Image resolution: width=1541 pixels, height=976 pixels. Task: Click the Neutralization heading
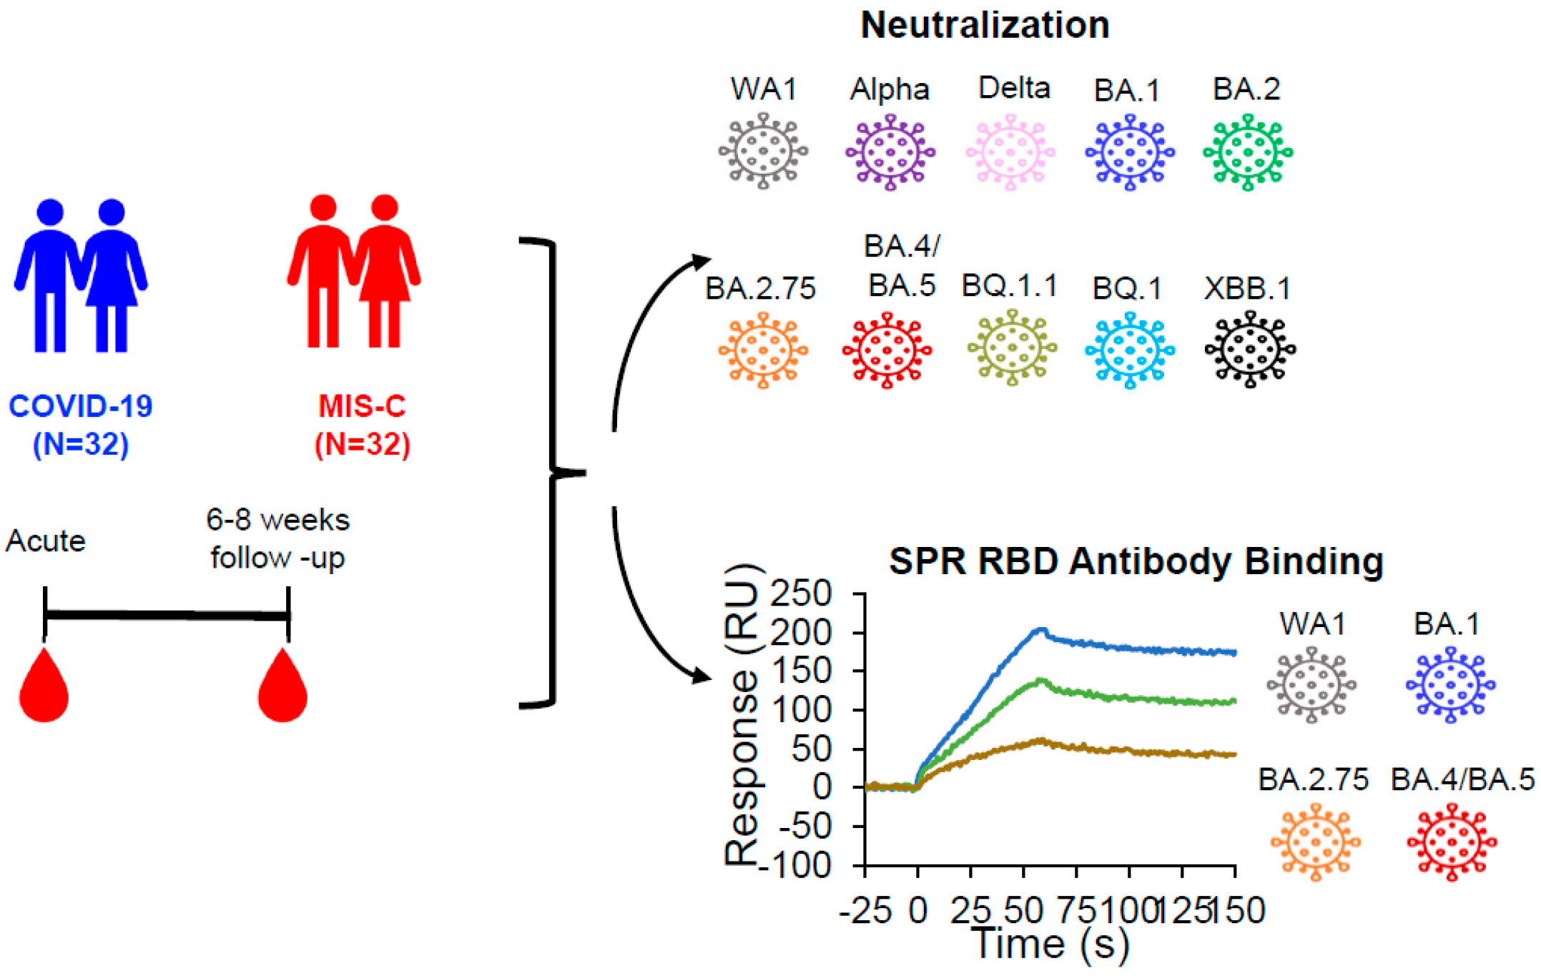pyautogui.click(x=985, y=26)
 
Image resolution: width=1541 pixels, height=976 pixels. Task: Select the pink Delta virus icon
pyautogui.click(x=1010, y=152)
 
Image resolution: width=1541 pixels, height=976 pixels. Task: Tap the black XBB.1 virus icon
pyautogui.click(x=1249, y=350)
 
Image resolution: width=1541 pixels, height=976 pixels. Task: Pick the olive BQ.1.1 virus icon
pyautogui.click(x=1012, y=348)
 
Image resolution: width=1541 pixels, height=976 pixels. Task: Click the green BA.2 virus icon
pyautogui.click(x=1248, y=152)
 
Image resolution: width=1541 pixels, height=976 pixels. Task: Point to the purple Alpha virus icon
pyautogui.click(x=890, y=152)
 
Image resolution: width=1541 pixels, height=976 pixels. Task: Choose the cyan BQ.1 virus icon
pyautogui.click(x=1130, y=350)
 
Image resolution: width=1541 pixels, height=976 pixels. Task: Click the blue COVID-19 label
pyautogui.click(x=81, y=406)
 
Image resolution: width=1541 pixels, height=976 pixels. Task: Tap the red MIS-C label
pyautogui.click(x=362, y=406)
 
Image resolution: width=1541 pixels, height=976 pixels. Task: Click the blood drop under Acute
pyautogui.click(x=44, y=688)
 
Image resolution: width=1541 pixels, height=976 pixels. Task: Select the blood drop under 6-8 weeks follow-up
pyautogui.click(x=283, y=688)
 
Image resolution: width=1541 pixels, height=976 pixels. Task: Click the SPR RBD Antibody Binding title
pyautogui.click(x=1136, y=561)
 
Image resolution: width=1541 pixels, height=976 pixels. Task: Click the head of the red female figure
pyautogui.click(x=385, y=207)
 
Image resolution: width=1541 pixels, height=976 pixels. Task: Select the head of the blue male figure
pyautogui.click(x=50, y=212)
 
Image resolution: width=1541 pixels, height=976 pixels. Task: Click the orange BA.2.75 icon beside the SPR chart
pyautogui.click(x=1315, y=842)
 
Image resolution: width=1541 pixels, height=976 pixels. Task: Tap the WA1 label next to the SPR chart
pyautogui.click(x=1313, y=624)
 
